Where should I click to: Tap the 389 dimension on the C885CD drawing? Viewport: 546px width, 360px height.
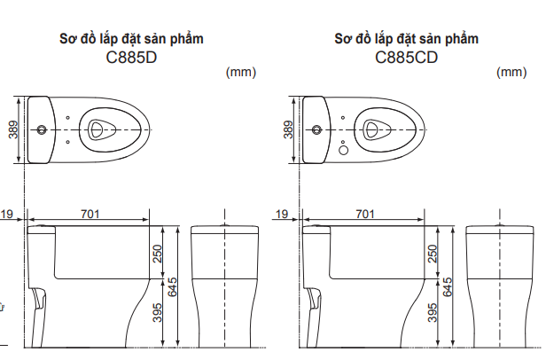(x=289, y=129)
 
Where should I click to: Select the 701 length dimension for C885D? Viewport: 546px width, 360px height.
(x=90, y=214)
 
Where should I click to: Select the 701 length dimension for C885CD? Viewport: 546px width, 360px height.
(x=363, y=214)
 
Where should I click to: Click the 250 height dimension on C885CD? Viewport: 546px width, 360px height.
(x=433, y=254)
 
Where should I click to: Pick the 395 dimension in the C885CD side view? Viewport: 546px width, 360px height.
(x=433, y=313)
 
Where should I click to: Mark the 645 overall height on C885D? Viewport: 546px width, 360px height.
(x=174, y=286)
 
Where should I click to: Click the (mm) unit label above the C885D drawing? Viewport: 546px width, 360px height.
(x=241, y=73)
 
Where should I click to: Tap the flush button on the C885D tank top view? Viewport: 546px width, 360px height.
(x=41, y=129)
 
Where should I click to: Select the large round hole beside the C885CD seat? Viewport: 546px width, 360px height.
(x=345, y=149)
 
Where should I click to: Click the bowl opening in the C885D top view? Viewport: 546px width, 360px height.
(x=100, y=129)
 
